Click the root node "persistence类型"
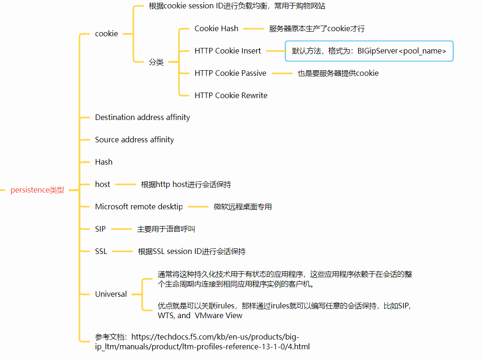point(37,190)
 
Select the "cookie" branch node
point(106,33)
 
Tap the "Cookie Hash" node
point(216,28)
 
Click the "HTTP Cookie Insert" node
point(228,51)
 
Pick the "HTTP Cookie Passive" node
point(230,73)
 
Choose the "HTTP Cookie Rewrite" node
point(231,95)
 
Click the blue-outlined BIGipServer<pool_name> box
point(369,51)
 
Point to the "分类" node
point(156,62)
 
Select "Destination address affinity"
point(142,117)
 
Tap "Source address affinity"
point(134,140)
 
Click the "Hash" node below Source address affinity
point(104,162)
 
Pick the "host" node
point(102,184)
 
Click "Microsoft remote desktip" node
point(139,207)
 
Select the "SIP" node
point(100,229)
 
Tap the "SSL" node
point(101,251)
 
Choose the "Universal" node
point(111,294)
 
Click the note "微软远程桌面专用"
point(243,207)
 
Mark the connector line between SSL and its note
point(122,252)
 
